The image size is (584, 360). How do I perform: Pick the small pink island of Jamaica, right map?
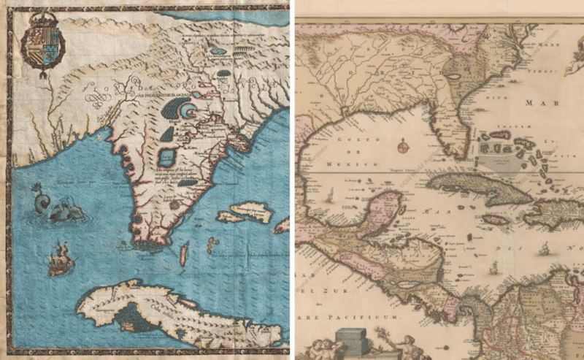[x=495, y=219]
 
